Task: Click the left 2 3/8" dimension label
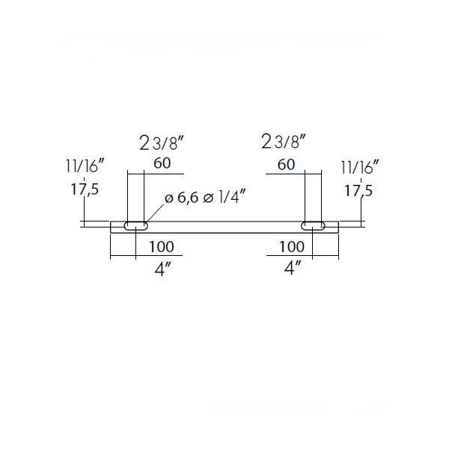click(x=161, y=143)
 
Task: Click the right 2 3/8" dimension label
click(x=284, y=141)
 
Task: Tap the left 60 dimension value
click(x=162, y=163)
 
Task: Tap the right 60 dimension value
click(x=286, y=165)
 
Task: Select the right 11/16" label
click(x=360, y=167)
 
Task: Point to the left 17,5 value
click(x=85, y=189)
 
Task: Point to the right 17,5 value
click(x=358, y=191)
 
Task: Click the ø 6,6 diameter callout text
click(x=182, y=198)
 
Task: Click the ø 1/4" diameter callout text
click(x=224, y=198)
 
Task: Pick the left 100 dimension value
click(x=161, y=247)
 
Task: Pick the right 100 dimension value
click(x=292, y=247)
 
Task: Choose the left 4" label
click(x=162, y=269)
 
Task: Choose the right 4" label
click(x=293, y=268)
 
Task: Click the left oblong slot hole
click(x=136, y=226)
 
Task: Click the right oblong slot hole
click(x=313, y=226)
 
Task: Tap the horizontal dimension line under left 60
click(x=155, y=174)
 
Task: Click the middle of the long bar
click(x=224, y=227)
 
